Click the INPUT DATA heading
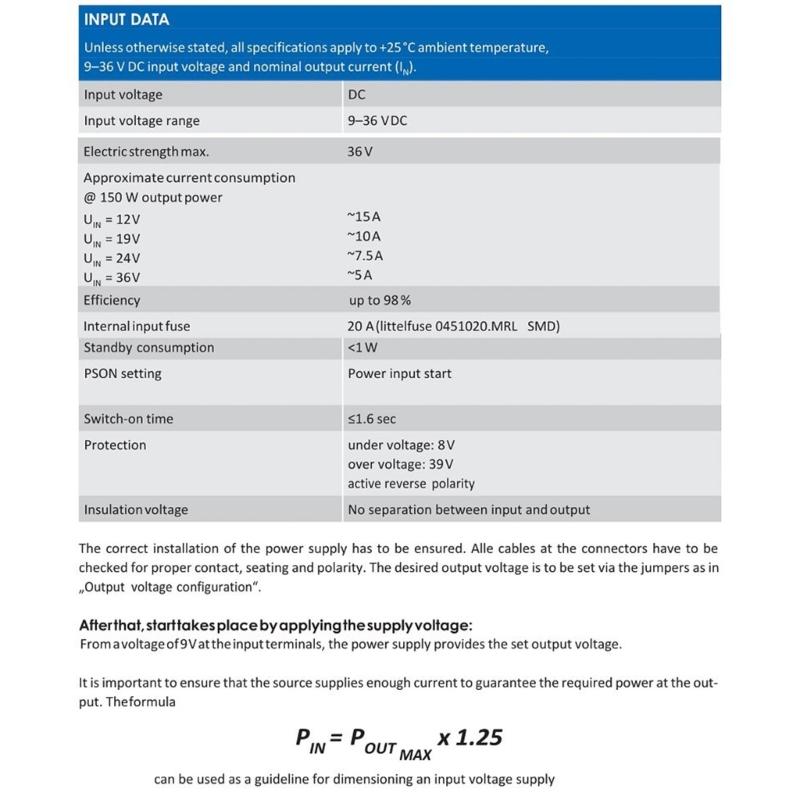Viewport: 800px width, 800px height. click(x=126, y=19)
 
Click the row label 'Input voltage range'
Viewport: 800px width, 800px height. click(x=141, y=121)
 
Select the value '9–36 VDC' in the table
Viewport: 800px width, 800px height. click(x=377, y=121)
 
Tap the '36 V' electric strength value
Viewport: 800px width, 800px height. click(x=360, y=153)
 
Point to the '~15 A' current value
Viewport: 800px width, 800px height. click(x=364, y=216)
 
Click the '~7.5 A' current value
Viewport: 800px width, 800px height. click(x=367, y=255)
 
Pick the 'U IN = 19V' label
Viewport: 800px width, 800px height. click(x=112, y=239)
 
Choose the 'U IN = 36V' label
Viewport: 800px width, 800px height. click(x=112, y=278)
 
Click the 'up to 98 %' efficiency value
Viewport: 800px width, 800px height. click(x=379, y=300)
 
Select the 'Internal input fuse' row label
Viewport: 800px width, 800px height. click(x=136, y=326)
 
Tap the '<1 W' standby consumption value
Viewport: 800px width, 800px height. click(x=361, y=348)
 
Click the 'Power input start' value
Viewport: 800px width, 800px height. click(x=399, y=374)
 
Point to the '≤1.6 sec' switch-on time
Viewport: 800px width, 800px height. click(x=372, y=419)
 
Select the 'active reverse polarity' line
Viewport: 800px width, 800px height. click(x=411, y=484)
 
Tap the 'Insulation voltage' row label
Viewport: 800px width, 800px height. click(x=136, y=510)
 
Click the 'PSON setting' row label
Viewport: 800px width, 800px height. click(x=122, y=374)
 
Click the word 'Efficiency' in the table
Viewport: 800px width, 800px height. click(x=112, y=300)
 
